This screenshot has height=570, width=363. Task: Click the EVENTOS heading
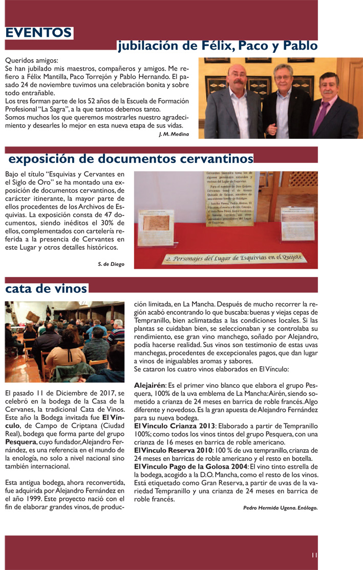38,33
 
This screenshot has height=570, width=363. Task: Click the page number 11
314,554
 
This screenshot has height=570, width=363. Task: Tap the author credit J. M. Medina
174,134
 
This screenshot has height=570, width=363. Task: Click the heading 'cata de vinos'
46,289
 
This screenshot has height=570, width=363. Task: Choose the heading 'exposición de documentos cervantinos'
131,157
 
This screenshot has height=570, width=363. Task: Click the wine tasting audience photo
64,342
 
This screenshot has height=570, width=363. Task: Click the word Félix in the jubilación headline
214,46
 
